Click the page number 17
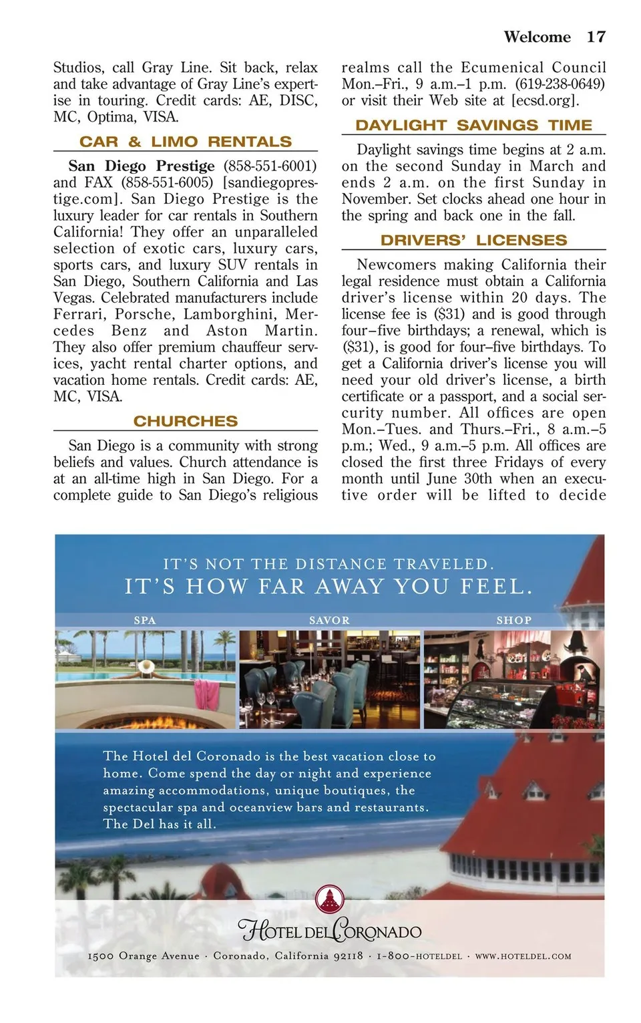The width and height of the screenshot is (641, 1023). [x=596, y=37]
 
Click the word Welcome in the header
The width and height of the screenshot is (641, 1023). [x=537, y=37]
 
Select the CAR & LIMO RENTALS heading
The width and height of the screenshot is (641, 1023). [x=186, y=142]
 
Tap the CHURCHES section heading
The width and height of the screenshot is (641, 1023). [x=186, y=421]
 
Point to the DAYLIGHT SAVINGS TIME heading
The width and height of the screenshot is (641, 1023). [x=473, y=125]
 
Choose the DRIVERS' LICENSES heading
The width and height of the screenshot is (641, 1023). [x=473, y=240]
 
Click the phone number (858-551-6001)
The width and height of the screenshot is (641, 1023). [x=270, y=166]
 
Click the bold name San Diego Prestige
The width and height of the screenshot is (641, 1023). [x=142, y=166]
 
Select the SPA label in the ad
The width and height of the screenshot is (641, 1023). [x=145, y=620]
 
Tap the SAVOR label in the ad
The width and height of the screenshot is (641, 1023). [x=329, y=620]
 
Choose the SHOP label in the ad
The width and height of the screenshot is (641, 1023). [x=513, y=620]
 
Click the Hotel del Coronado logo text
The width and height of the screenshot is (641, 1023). [x=330, y=931]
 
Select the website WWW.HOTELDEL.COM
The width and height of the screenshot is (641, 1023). [x=523, y=956]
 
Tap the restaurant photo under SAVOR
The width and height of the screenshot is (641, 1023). [x=330, y=679]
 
